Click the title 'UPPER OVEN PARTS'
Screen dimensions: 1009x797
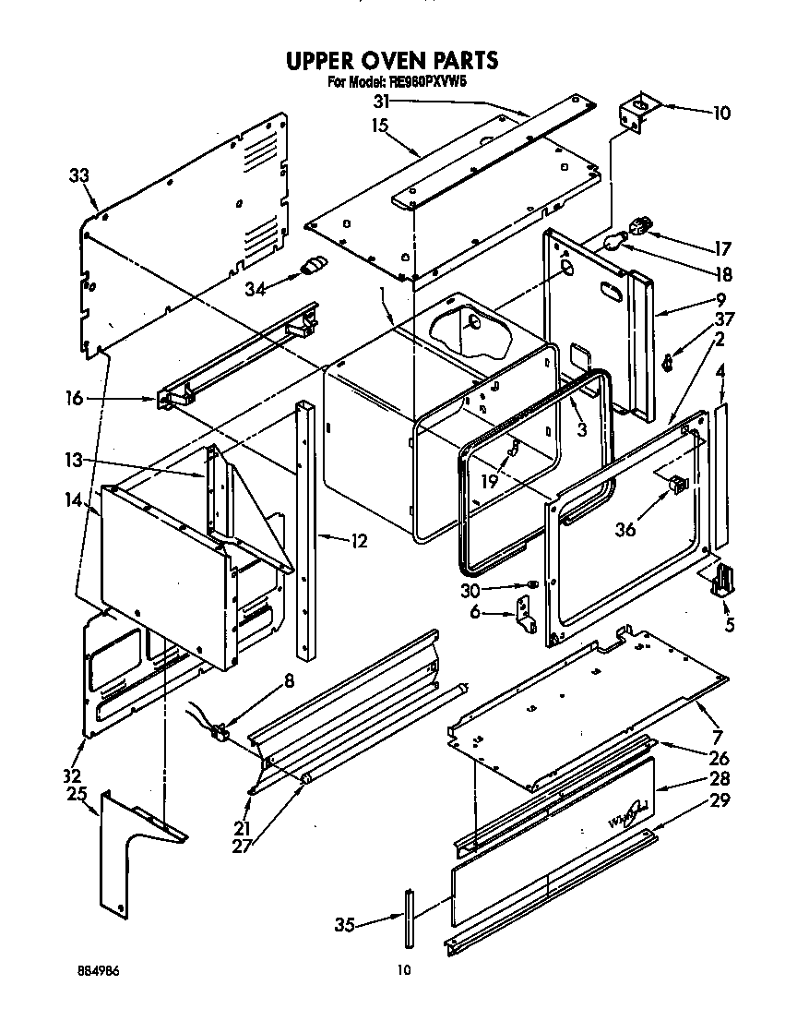pyautogui.click(x=392, y=61)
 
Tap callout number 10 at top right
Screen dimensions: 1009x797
pyautogui.click(x=720, y=114)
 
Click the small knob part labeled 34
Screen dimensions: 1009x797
pyautogui.click(x=314, y=267)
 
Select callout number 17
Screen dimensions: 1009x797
pyautogui.click(x=721, y=248)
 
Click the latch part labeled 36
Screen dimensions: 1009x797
pyautogui.click(x=678, y=482)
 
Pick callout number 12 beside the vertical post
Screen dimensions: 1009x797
pyautogui.click(x=358, y=541)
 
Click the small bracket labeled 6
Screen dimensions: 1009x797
pyautogui.click(x=524, y=613)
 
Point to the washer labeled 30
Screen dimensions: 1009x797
pyautogui.click(x=532, y=585)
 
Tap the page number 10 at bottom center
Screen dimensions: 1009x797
pyautogui.click(x=402, y=969)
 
